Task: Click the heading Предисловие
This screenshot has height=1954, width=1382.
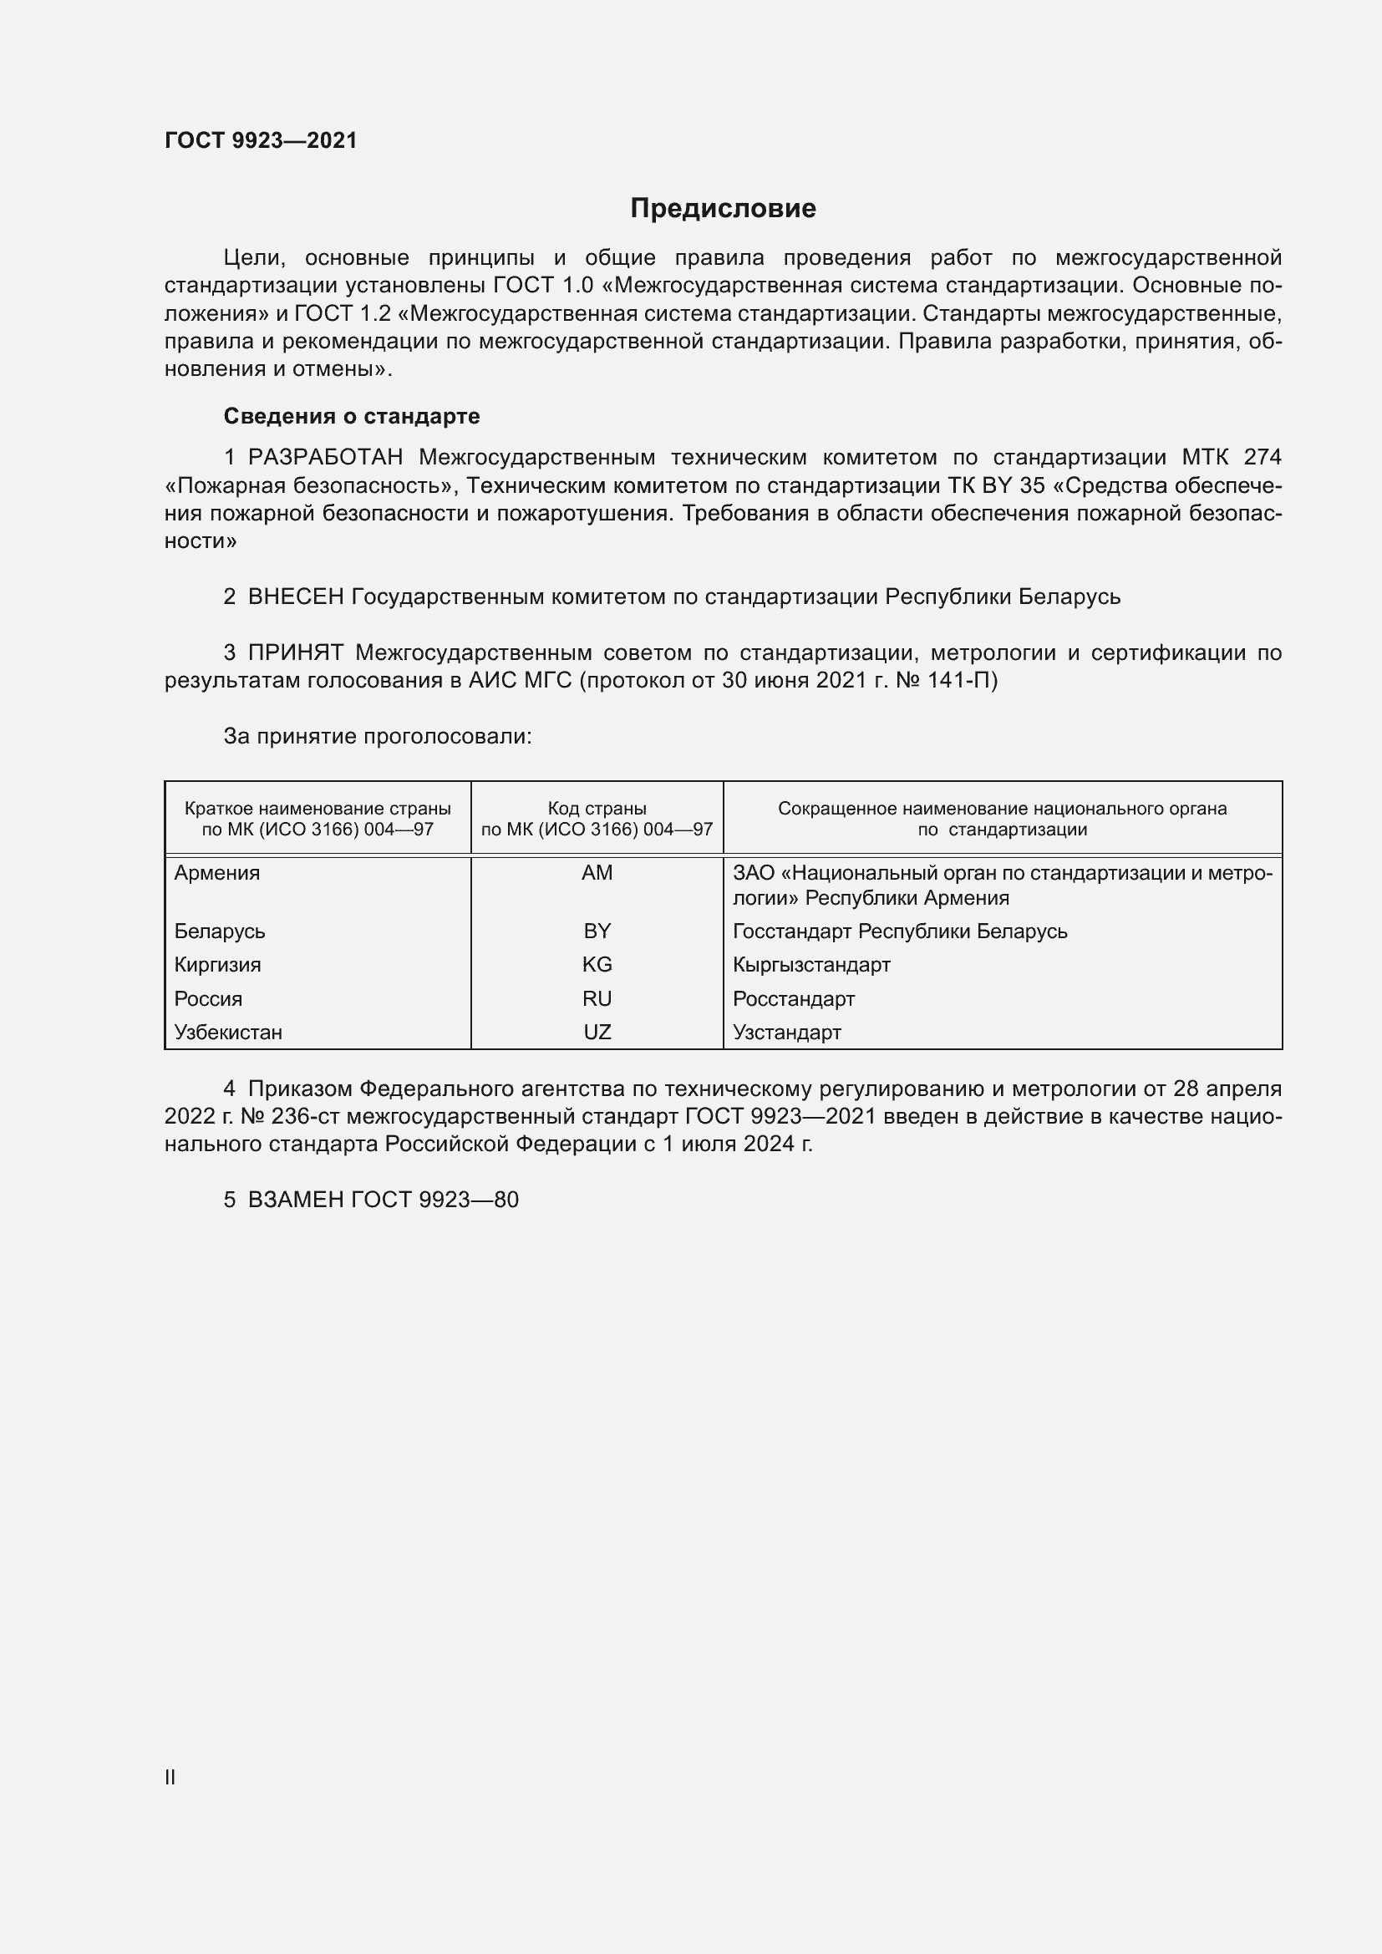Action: [x=723, y=209]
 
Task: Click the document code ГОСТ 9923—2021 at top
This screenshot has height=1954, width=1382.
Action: [x=261, y=140]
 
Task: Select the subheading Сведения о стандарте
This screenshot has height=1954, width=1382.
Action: [x=352, y=416]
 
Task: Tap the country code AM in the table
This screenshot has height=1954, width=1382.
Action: [x=597, y=873]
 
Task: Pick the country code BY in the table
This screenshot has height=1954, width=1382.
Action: [x=597, y=931]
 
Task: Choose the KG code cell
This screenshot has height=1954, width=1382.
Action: [x=597, y=964]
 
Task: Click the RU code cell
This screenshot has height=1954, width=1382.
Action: [x=597, y=998]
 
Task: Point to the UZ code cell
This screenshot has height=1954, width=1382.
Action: [x=597, y=1033]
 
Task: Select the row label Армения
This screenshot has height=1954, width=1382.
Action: [x=217, y=873]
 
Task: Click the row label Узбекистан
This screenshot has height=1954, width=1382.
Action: [x=228, y=1033]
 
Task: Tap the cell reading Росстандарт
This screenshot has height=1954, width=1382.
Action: [x=793, y=998]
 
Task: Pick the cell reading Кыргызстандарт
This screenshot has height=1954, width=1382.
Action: [x=811, y=964]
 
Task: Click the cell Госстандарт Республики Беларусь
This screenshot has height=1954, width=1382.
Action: [x=900, y=931]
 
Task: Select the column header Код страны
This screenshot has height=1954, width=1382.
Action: [x=597, y=809]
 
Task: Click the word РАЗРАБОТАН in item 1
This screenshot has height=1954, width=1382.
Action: [x=325, y=458]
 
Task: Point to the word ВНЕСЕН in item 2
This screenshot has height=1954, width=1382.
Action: [x=295, y=597]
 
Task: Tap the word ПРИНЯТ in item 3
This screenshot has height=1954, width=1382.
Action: [x=295, y=652]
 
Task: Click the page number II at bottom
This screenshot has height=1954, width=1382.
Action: [x=170, y=1777]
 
